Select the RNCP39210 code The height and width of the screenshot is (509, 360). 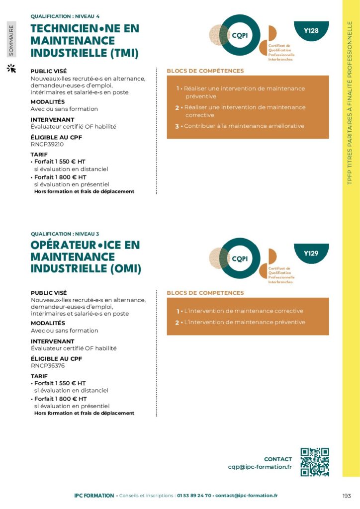coord(47,144)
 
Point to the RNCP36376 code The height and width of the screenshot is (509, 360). coord(48,366)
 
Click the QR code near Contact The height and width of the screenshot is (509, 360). coord(315,462)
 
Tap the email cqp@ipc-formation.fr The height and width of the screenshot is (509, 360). coord(260,467)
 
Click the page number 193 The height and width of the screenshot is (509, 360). coord(347,496)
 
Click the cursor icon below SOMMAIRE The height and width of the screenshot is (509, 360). coord(11,68)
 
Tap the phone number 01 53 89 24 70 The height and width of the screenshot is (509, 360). coord(194,496)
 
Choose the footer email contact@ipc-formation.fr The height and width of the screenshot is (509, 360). coord(247,496)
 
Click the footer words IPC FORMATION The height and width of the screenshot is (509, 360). coord(93,496)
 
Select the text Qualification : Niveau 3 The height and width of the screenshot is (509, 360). coord(65,234)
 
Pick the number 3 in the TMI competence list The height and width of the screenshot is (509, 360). coord(177,126)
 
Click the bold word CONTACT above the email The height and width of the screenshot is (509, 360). coord(278,459)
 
